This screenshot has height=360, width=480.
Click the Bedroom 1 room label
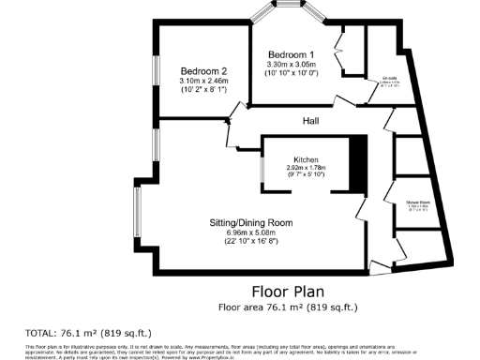pos(292,54)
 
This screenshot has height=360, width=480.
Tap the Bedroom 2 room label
pos(204,71)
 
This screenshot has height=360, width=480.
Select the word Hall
pos(312,121)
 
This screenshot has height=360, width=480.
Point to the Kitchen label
pos(307,159)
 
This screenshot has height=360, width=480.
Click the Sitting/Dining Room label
pos(250,222)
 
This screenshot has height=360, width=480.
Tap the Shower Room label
pos(417,202)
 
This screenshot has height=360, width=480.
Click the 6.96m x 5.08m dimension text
pos(250,232)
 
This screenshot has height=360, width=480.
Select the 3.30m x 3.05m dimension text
pos(292,64)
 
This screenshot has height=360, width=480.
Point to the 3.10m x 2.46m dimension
pos(204,81)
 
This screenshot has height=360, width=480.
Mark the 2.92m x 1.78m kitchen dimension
pos(307,168)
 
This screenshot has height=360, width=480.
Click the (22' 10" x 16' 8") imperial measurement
pos(250,242)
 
